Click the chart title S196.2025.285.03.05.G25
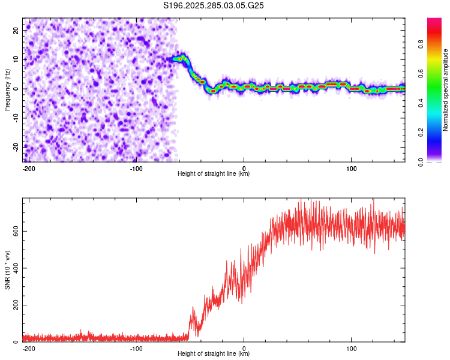point(214,6)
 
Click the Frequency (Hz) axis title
point(7,90)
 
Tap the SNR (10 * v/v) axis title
point(7,270)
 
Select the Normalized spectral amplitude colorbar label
point(446,90)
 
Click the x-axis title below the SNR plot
point(214,354)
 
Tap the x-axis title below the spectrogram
point(214,174)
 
